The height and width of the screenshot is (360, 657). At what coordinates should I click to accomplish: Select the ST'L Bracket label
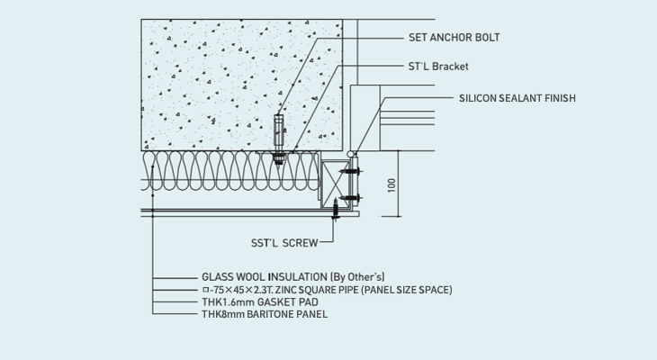pyautogui.click(x=439, y=67)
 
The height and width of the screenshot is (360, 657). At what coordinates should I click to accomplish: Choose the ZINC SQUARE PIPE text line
pyautogui.click(x=326, y=290)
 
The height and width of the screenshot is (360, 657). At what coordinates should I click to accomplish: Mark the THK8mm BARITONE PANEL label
pyautogui.click(x=264, y=315)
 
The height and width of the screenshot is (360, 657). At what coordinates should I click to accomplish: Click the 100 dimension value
pyautogui.click(x=391, y=184)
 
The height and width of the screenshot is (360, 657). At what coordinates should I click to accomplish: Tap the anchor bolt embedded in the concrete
pyautogui.click(x=279, y=135)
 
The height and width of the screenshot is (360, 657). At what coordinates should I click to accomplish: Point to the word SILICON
pyautogui.click(x=479, y=98)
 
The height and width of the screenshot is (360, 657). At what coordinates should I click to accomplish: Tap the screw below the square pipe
pyautogui.click(x=337, y=211)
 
